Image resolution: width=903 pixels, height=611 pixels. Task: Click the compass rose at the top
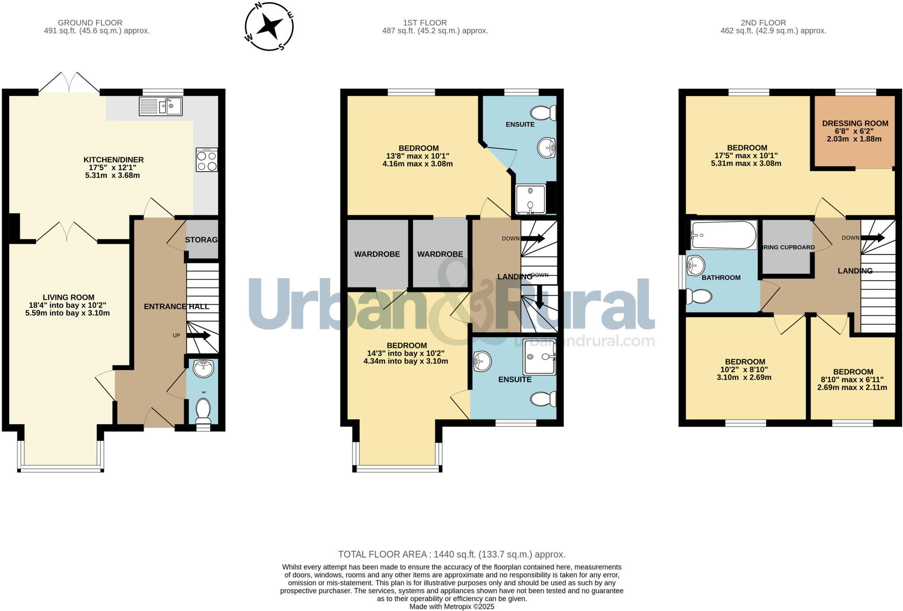(269, 26)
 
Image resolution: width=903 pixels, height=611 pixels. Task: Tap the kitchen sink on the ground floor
(160, 106)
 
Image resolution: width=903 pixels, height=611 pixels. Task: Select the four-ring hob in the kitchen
(207, 160)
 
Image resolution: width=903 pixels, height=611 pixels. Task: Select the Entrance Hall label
(176, 306)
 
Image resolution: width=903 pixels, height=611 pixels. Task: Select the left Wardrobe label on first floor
(377, 254)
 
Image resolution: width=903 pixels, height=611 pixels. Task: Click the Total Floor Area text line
(451, 554)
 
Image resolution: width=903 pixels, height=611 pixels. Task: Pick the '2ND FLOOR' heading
(763, 22)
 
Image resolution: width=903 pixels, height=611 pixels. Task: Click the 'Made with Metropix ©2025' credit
(451, 607)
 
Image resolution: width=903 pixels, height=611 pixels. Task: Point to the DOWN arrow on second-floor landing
(873, 238)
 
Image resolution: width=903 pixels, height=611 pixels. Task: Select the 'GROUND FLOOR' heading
(90, 22)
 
